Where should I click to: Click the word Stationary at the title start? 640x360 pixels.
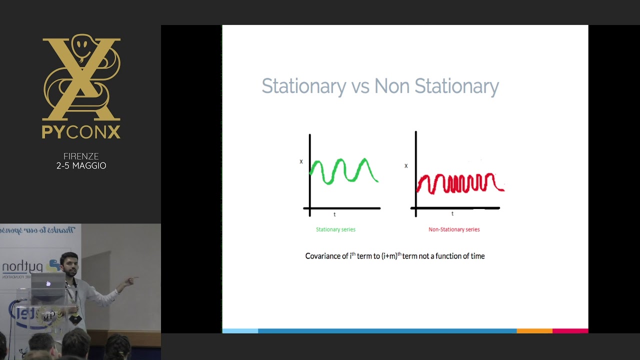(303, 86)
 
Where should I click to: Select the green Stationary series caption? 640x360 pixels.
(335, 229)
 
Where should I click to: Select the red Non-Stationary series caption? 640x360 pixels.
(454, 229)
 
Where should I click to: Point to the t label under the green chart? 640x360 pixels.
(334, 214)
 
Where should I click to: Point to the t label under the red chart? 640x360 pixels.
(452, 213)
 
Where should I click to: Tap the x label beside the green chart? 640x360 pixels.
(301, 161)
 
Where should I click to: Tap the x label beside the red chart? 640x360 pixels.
(406, 165)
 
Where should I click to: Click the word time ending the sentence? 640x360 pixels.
(477, 256)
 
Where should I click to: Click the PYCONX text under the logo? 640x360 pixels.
(81, 132)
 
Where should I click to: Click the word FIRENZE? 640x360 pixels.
(81, 156)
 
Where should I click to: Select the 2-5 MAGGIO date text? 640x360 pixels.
(81, 166)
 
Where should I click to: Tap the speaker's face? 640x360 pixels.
(69, 265)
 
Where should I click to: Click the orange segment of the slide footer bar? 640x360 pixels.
(534, 331)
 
